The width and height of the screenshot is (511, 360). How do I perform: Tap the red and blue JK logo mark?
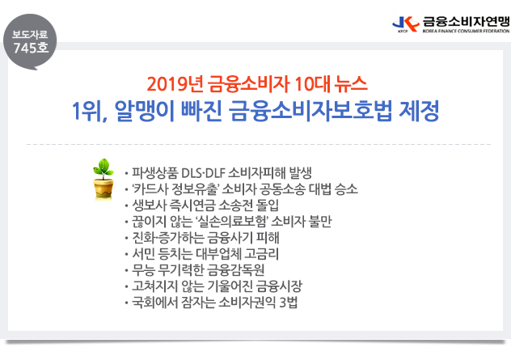pos(406,24)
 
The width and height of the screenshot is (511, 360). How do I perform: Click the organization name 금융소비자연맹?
pos(466,21)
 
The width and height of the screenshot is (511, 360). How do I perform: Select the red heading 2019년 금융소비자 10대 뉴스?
pos(257,84)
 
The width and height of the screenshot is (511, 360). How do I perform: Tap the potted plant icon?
pos(103,179)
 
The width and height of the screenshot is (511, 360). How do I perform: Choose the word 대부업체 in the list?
pos(218,254)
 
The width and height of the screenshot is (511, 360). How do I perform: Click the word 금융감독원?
pos(235,270)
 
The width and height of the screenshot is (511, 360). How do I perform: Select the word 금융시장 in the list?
pos(279,286)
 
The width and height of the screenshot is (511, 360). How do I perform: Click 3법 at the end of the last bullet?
pos(289,303)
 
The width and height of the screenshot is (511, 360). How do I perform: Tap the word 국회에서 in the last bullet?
pos(153,303)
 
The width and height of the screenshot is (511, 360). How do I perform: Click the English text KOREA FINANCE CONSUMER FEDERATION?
pos(466,31)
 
